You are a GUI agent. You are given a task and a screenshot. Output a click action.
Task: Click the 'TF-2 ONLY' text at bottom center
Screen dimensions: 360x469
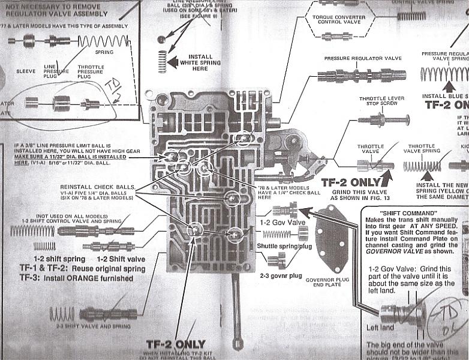click(176, 344)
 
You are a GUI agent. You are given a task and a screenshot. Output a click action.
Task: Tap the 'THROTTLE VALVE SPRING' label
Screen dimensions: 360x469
click(422, 149)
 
